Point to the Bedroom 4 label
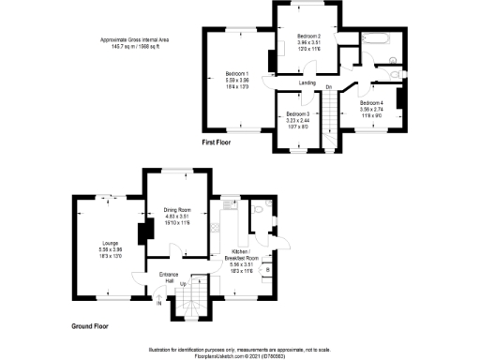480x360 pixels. pos(370,103)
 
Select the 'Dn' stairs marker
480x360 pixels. pos(329,88)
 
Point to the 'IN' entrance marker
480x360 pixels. pos(158,302)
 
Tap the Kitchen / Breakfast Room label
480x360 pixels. pos(249,257)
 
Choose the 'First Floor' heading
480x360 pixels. pos(217,143)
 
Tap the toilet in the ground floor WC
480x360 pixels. pos(268,208)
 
